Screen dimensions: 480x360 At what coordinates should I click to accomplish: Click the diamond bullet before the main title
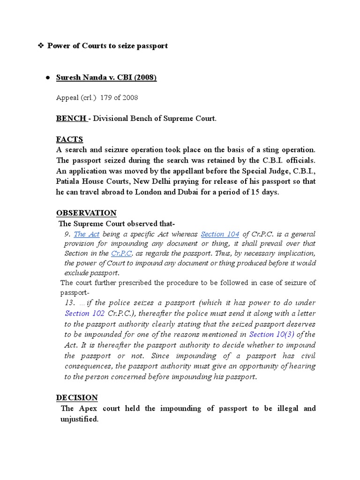point(40,46)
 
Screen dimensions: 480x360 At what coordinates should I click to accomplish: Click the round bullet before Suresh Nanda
point(48,78)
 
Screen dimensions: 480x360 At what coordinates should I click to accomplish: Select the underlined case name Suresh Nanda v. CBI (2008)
point(106,78)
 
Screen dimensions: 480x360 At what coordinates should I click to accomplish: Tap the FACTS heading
point(69,139)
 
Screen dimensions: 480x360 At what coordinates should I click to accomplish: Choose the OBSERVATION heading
point(86,213)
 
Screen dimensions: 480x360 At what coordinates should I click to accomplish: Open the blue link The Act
point(87,234)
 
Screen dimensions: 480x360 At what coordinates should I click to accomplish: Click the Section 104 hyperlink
point(220,234)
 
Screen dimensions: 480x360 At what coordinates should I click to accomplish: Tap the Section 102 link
point(84,313)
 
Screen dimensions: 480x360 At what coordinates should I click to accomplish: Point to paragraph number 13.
point(69,303)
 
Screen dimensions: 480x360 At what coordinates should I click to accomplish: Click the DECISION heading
point(77,397)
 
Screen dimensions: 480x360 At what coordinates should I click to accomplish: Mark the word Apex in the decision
point(88,408)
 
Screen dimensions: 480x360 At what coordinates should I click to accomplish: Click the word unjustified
point(79,419)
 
